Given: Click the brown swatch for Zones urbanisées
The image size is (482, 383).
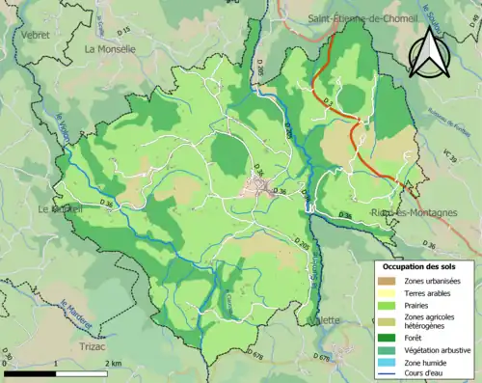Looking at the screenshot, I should click(386, 281).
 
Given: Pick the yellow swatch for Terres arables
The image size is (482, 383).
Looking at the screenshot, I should click(386, 293).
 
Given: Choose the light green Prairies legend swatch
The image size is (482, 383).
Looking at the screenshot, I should click(386, 305).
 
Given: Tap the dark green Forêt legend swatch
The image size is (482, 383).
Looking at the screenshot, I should click(386, 339).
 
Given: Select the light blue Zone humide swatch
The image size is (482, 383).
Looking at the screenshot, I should click(386, 363).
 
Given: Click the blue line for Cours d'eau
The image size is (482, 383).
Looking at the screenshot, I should click(386, 374).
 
